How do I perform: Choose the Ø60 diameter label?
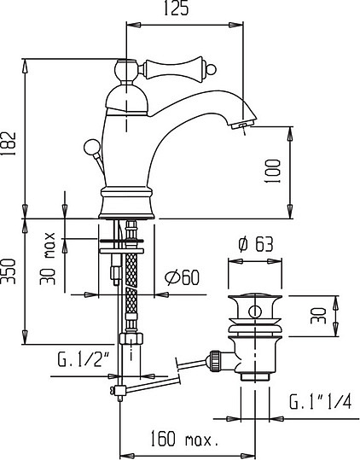180,276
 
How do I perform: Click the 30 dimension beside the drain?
318,317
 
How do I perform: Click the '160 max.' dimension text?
184,441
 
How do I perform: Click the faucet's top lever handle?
176,66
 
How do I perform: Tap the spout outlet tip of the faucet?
242,127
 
